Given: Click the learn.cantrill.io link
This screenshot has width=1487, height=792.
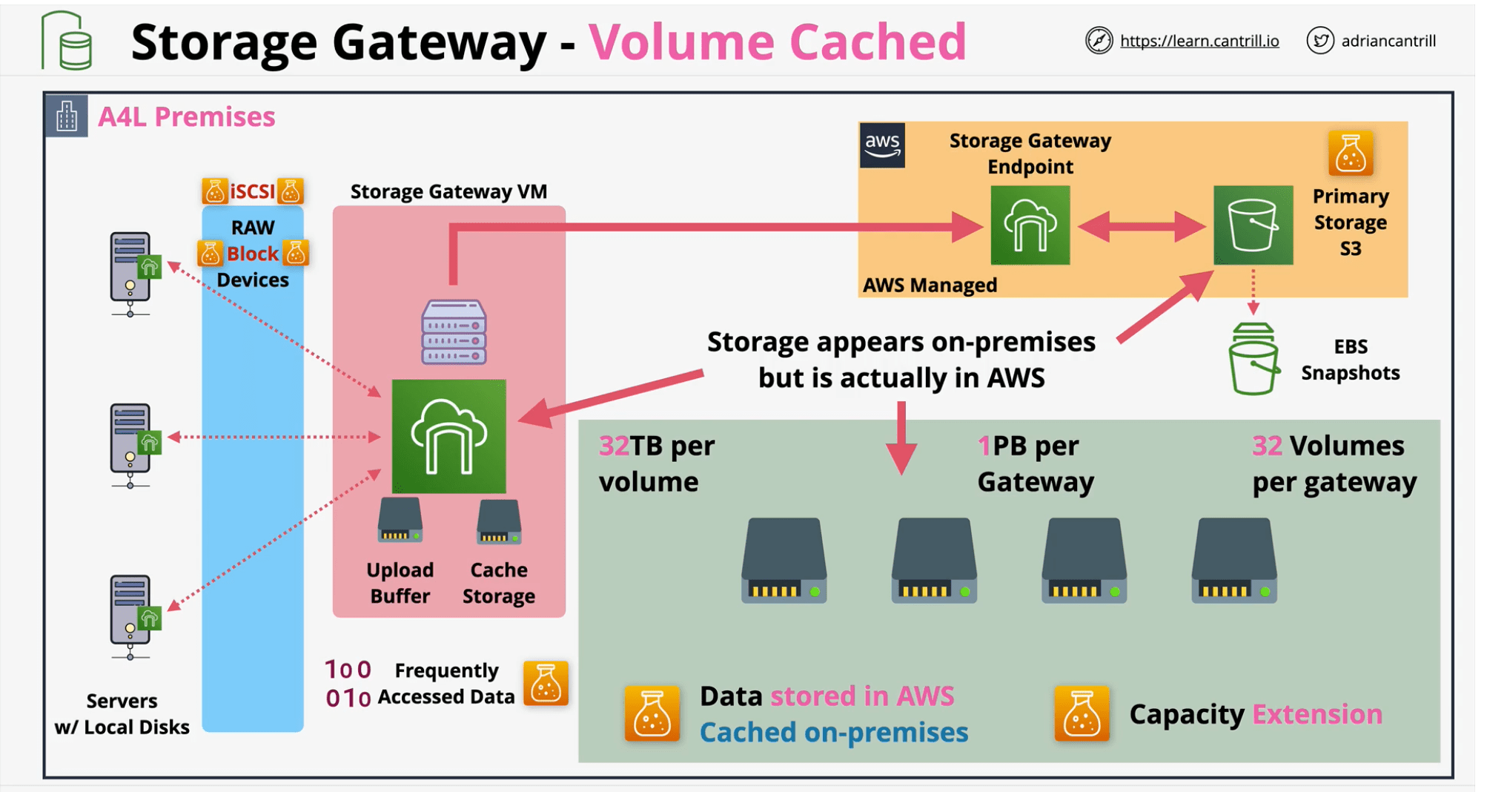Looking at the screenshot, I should pyautogui.click(x=1199, y=41).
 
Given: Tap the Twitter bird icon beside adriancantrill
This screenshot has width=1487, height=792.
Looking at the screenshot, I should pyautogui.click(x=1319, y=41).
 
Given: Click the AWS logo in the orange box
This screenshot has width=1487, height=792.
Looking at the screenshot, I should pyautogui.click(x=882, y=145).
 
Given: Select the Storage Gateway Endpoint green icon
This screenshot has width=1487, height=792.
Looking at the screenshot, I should pyautogui.click(x=1030, y=225).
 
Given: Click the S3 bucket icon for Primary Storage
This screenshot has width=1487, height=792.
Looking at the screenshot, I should pyautogui.click(x=1253, y=225).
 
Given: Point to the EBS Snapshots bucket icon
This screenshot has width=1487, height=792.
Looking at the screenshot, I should pyautogui.click(x=1253, y=359).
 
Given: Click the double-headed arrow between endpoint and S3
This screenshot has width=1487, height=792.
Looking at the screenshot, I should pyautogui.click(x=1141, y=226).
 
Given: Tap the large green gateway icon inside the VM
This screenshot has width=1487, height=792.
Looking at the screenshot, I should pyautogui.click(x=448, y=436).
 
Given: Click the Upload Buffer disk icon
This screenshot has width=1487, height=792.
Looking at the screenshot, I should pyautogui.click(x=400, y=521).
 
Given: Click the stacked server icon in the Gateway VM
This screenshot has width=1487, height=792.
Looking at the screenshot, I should pyautogui.click(x=454, y=331).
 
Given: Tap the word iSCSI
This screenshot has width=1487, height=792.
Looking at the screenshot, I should pyautogui.click(x=252, y=192).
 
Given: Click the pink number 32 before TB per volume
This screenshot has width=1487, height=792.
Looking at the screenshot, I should pyautogui.click(x=614, y=446).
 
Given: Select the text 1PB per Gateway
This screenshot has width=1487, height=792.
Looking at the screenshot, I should pyautogui.click(x=1035, y=463).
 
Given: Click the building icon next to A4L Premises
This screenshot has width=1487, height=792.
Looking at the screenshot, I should pyautogui.click(x=67, y=116).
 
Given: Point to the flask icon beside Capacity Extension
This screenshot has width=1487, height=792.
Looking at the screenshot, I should pyautogui.click(x=1081, y=714).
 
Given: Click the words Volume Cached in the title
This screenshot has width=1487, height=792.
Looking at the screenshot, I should pyautogui.click(x=777, y=42).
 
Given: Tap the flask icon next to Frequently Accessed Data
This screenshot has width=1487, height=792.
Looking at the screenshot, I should pyautogui.click(x=546, y=682).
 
